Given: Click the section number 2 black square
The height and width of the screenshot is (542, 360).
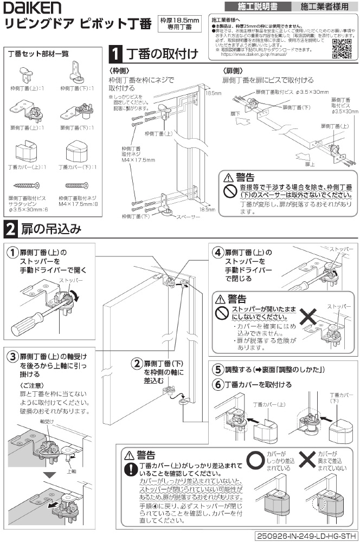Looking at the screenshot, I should click(x=10, y=229).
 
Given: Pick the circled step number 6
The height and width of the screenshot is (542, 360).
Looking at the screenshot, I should click(x=217, y=384).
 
